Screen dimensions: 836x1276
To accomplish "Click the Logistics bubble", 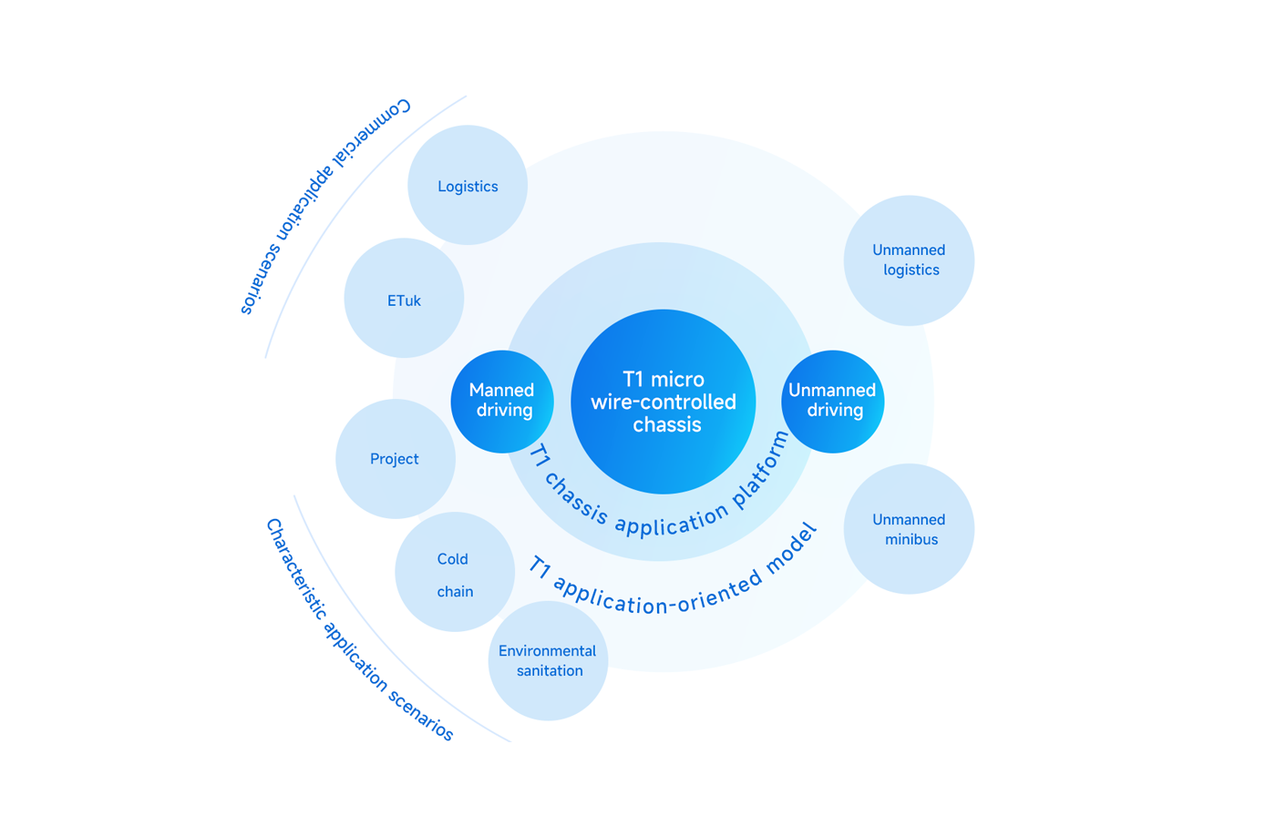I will coord(468,186).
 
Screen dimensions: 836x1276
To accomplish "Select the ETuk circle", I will coord(404,299).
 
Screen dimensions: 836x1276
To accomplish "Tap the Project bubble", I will coord(395,459).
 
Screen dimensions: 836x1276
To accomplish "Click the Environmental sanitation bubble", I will coord(548,661).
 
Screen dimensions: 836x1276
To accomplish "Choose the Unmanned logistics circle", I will coord(909,260).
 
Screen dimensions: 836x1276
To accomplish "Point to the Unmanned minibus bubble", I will coord(909,529).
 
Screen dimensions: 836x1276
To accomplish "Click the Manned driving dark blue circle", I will coord(502,401).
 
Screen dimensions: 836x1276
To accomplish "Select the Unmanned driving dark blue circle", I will coord(832,401).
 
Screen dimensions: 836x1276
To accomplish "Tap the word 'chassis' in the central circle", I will coord(666,425).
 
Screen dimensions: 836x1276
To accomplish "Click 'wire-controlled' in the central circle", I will coord(664,403).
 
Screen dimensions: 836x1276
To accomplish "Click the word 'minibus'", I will coord(911,539).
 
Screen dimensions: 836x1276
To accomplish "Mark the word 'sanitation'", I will coord(550,671).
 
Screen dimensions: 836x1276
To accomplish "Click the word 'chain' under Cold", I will coord(455,592).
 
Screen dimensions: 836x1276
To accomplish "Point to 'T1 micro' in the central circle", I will coord(663,379).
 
